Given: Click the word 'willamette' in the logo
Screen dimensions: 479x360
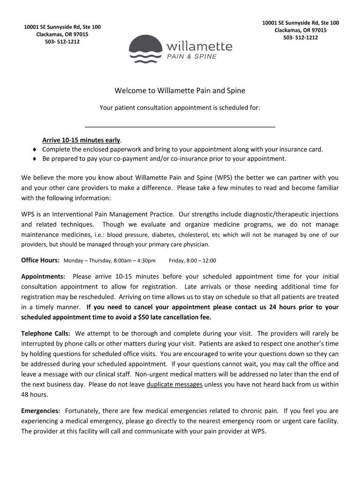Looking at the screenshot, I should coord(198,47).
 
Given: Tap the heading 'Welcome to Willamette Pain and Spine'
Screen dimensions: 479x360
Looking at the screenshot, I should coord(180,90).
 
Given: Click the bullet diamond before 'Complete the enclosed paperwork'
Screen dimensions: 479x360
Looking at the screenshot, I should coord(35,150).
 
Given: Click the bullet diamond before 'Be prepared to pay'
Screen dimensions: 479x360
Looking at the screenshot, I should coord(35,159).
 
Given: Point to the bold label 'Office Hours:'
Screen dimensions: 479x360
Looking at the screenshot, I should coord(40,261).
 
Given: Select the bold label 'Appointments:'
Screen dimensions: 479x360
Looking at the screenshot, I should coord(43,276).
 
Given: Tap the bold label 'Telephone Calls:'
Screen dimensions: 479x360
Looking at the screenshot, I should coord(46,334).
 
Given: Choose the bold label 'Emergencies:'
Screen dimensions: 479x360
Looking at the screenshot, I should coord(41,411).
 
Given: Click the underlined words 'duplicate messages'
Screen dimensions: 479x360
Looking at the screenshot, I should coord(174,385).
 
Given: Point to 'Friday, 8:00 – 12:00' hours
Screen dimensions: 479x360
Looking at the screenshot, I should coord(192,261).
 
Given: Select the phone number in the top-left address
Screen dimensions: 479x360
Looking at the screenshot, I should coord(62,42).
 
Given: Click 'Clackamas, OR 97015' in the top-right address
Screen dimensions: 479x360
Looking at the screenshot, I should coord(300,30).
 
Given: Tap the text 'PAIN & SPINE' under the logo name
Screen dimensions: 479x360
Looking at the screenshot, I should coord(192,57).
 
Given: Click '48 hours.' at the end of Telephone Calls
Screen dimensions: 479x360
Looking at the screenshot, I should coord(35,394).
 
